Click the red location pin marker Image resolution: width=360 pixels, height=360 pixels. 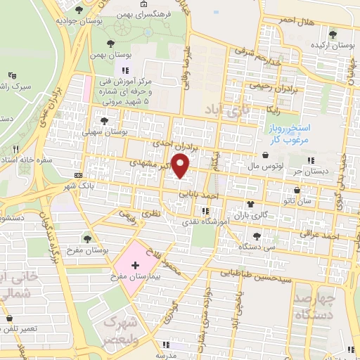tap(181, 167)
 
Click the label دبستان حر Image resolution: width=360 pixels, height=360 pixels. tap(311, 171)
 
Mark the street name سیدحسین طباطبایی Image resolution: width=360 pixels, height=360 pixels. tap(252, 274)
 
